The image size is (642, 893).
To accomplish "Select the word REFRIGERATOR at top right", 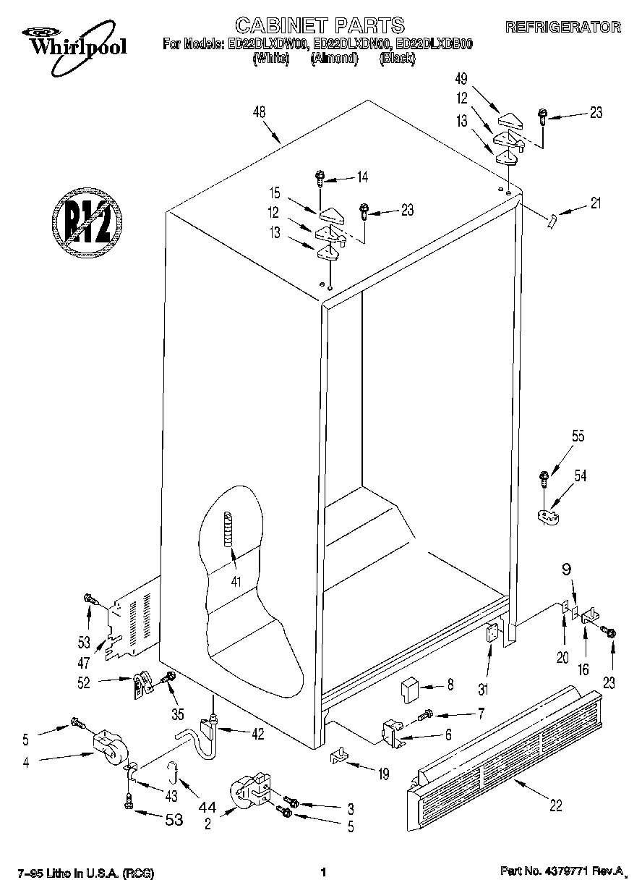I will coord(562,27).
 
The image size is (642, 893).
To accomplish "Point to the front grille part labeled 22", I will coord(502,756).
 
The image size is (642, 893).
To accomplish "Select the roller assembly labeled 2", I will coord(249,791).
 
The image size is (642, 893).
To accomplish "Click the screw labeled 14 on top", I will coord(320,176).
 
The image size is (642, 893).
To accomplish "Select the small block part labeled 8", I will coord(411,685).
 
